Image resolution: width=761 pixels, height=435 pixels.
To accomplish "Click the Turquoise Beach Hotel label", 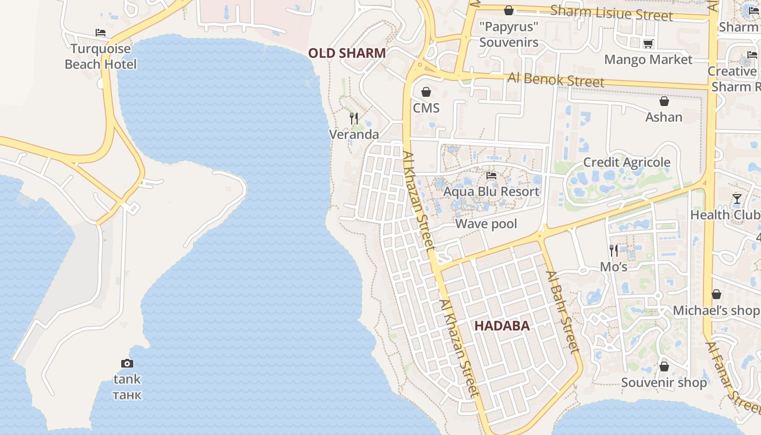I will pyautogui.click(x=101, y=57).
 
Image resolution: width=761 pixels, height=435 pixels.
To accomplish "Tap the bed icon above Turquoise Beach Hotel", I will pyautogui.click(x=101, y=33).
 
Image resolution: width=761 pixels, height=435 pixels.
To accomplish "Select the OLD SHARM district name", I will pyautogui.click(x=347, y=53).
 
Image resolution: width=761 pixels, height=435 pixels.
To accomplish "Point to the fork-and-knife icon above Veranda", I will pyautogui.click(x=354, y=118).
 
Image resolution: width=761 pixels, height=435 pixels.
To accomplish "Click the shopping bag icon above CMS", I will pyautogui.click(x=426, y=92).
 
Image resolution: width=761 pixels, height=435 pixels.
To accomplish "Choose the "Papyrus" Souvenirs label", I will pyautogui.click(x=509, y=34).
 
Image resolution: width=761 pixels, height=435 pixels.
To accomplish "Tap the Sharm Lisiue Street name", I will pyautogui.click(x=612, y=13).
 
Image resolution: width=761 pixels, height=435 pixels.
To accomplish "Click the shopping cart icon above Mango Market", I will pyautogui.click(x=648, y=43).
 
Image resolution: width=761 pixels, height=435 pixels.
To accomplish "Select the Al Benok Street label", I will pyautogui.click(x=556, y=79).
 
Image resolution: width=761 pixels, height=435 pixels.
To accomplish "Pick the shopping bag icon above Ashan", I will pyautogui.click(x=664, y=101).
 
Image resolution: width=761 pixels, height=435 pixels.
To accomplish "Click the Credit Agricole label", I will pyautogui.click(x=627, y=163).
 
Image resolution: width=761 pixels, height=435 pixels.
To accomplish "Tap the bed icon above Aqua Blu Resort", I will pyautogui.click(x=491, y=176).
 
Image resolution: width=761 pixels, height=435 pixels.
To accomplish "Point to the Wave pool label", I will pyautogui.click(x=486, y=224).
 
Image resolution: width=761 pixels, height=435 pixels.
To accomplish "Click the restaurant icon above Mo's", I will pyautogui.click(x=614, y=250).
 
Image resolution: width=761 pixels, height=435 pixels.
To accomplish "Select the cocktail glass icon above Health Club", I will pyautogui.click(x=737, y=199).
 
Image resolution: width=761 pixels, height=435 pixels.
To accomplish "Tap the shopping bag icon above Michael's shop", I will pyautogui.click(x=716, y=294).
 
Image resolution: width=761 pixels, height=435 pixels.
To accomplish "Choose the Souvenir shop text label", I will pyautogui.click(x=664, y=383).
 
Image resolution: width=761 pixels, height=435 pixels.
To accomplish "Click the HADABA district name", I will pyautogui.click(x=502, y=326).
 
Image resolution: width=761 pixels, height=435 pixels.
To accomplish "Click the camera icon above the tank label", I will pyautogui.click(x=127, y=363).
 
